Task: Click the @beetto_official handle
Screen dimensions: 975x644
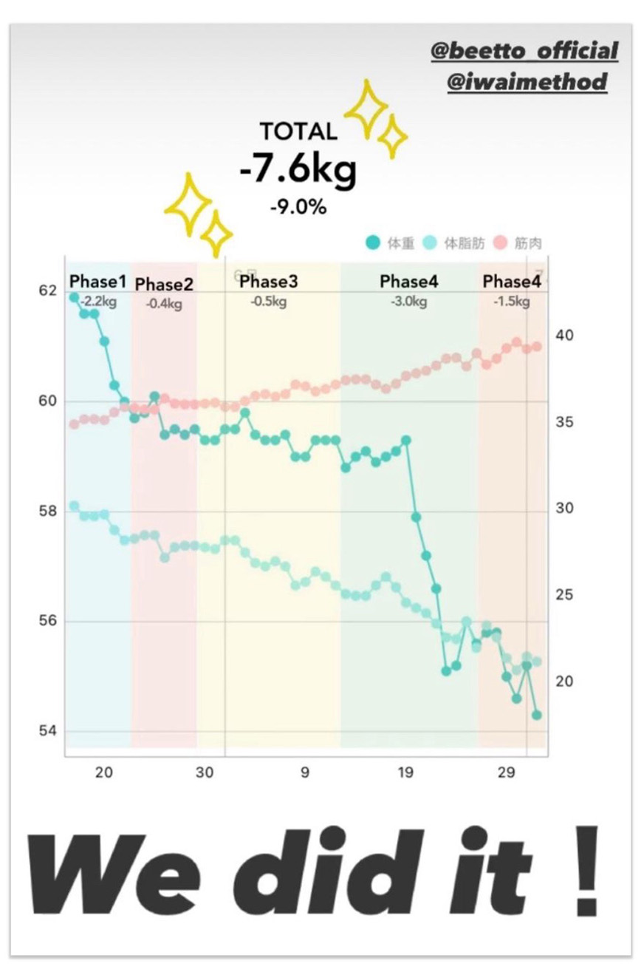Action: (x=525, y=52)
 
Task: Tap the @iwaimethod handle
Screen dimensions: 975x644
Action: (x=527, y=81)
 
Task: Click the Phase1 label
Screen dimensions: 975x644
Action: (x=97, y=282)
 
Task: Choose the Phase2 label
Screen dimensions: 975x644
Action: (x=164, y=285)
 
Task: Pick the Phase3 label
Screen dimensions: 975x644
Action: (x=269, y=282)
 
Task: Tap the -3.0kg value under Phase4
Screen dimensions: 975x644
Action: (x=409, y=302)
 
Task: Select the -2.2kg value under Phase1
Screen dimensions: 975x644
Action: (x=98, y=301)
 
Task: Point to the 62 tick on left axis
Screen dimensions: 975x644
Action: (x=47, y=291)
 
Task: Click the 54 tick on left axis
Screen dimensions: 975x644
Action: (x=47, y=731)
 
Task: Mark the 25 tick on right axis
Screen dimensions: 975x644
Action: (x=565, y=595)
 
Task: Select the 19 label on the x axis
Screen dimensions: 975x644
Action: (x=405, y=774)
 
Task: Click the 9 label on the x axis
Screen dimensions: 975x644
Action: (x=305, y=774)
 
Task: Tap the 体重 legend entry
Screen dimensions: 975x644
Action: (x=391, y=242)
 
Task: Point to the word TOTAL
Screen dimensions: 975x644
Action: (x=298, y=132)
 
